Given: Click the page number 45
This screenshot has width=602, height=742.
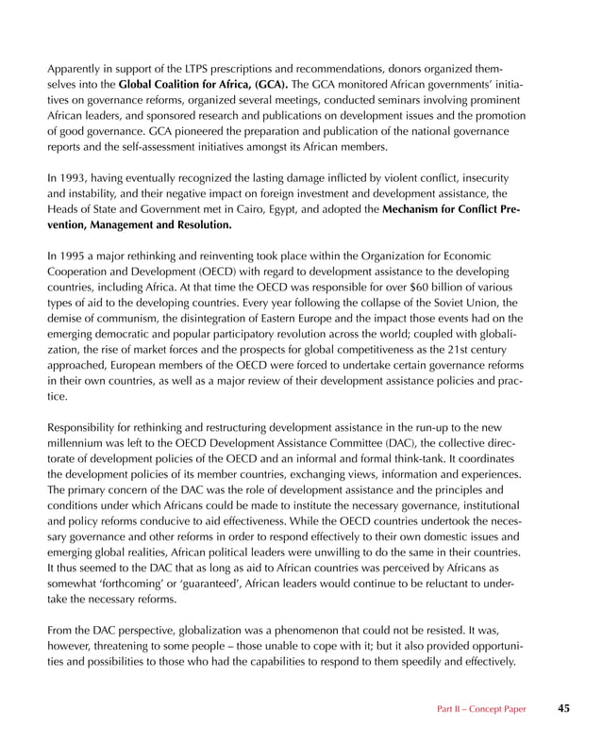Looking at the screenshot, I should (x=563, y=707).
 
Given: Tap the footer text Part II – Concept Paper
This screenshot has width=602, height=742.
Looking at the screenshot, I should (x=481, y=708).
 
